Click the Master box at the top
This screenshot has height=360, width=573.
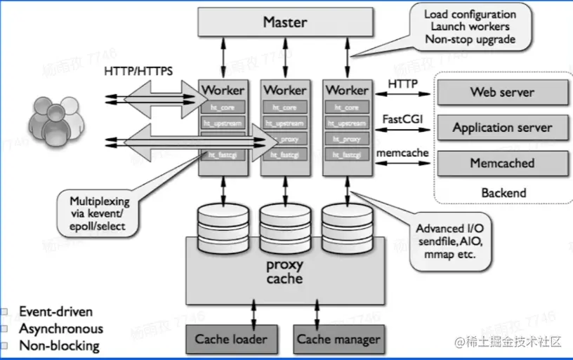click(x=285, y=22)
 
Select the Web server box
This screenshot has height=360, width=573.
click(x=502, y=92)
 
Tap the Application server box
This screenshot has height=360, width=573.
click(x=502, y=128)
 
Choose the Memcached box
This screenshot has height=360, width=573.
click(x=502, y=164)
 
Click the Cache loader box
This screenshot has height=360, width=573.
click(x=231, y=339)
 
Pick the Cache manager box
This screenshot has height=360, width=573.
click(x=338, y=339)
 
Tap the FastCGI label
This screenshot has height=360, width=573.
click(x=401, y=119)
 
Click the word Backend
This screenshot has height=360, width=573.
click(x=503, y=192)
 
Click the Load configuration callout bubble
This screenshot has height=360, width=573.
click(x=469, y=27)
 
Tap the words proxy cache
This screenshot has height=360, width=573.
click(x=284, y=272)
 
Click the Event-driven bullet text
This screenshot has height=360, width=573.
click(x=55, y=312)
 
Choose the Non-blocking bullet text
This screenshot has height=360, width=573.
click(x=59, y=345)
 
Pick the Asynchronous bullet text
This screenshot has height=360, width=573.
click(x=61, y=328)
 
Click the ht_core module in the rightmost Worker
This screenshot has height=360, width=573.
click(x=346, y=107)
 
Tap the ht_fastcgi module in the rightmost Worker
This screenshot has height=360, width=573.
click(x=346, y=154)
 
